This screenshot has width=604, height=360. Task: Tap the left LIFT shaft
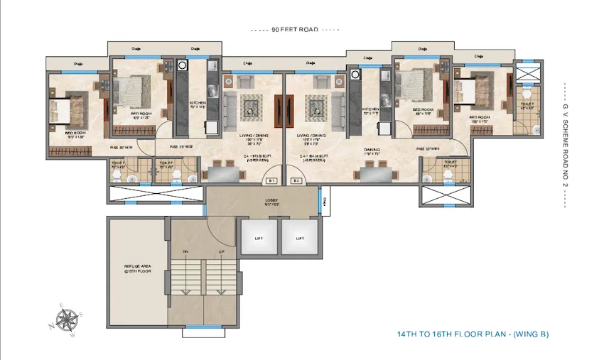point(258,237)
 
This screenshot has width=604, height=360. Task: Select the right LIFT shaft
point(300,237)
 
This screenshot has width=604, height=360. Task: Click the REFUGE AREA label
point(134,270)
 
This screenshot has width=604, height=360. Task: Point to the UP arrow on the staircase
point(222,252)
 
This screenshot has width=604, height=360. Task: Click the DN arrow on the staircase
point(185,252)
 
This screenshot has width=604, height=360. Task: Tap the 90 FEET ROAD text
point(295,30)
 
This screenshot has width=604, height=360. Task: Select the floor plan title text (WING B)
point(473,334)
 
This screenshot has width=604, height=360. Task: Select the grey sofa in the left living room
point(231,106)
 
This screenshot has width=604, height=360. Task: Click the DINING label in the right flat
point(372,150)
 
